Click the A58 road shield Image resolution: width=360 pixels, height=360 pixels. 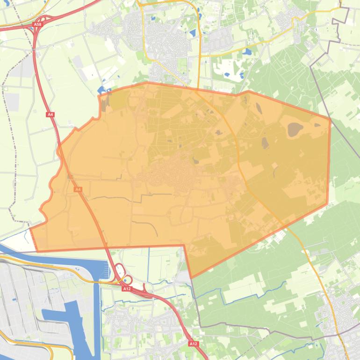(x=38, y=24)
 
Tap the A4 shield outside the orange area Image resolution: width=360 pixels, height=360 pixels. (x=50, y=114)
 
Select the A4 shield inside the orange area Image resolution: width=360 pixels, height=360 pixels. (x=78, y=189)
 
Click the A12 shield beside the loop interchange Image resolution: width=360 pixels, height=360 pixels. (x=127, y=289)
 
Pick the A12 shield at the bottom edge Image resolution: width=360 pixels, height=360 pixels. (x=194, y=344)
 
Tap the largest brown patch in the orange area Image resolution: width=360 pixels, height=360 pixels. (x=295, y=129)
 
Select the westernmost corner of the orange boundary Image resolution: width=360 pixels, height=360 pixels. (x=30, y=229)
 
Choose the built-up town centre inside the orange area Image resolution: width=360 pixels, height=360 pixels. (x=171, y=175)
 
